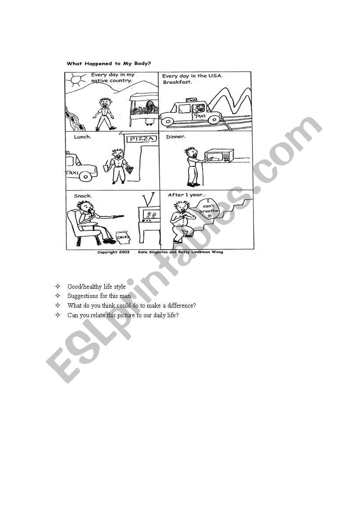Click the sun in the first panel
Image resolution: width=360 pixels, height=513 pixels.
pyautogui.click(x=76, y=80)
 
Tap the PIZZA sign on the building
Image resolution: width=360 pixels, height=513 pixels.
pyautogui.click(x=142, y=139)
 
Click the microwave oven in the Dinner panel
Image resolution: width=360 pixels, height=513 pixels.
pyautogui.click(x=219, y=156)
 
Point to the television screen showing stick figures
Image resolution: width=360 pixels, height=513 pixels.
pyautogui.click(x=151, y=215)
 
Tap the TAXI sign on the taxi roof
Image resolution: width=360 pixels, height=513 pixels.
pyautogui.click(x=191, y=100)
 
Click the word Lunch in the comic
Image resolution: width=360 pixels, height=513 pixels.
pyautogui.click(x=82, y=137)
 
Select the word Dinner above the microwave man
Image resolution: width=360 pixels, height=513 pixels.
pyautogui.click(x=176, y=137)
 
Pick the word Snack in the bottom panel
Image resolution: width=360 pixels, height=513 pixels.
pyautogui.click(x=83, y=196)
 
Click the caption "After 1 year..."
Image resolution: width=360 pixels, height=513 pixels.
pyautogui.click(x=187, y=195)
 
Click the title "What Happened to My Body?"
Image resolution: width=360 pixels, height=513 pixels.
pyautogui.click(x=109, y=64)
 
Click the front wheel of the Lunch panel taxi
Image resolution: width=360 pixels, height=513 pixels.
pyautogui.click(x=86, y=176)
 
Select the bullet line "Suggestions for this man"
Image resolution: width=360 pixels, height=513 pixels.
pyautogui.click(x=99, y=296)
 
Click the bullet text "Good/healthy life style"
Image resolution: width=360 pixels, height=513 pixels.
pyautogui.click(x=96, y=287)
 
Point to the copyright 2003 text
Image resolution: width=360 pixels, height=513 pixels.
pyautogui.click(x=114, y=252)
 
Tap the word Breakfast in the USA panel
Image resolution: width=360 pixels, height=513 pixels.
pyautogui.click(x=178, y=82)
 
